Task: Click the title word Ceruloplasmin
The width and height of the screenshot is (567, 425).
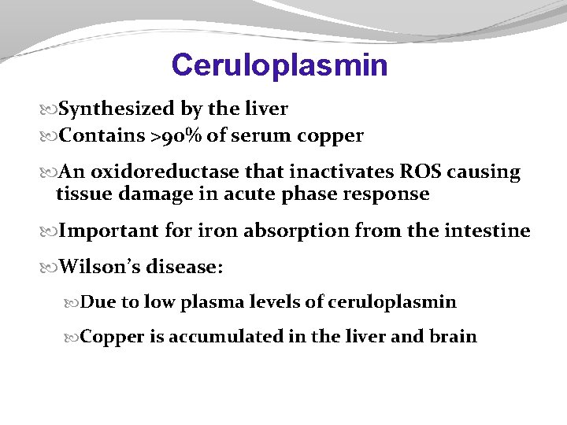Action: (280, 65)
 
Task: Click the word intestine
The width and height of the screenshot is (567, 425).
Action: (491, 231)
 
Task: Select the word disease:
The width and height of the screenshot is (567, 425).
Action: (184, 267)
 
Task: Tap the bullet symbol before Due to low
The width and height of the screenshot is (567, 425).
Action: (74, 302)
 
